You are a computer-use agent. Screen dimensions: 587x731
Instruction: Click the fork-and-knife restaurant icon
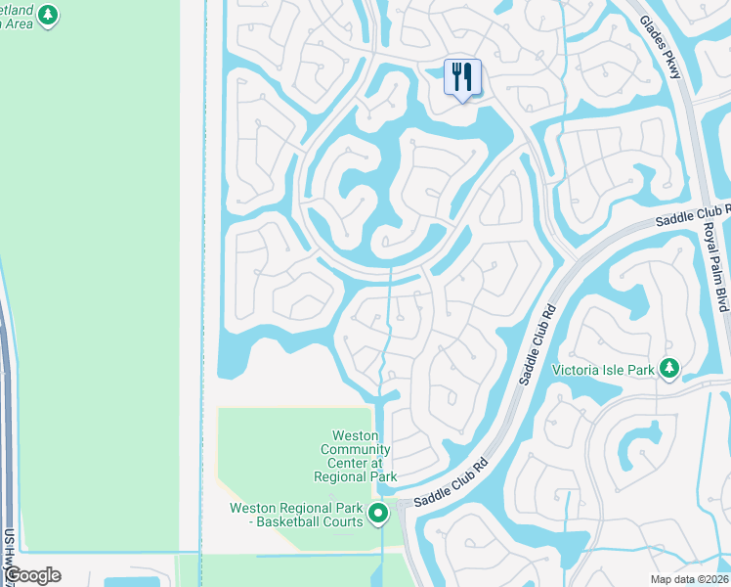462,76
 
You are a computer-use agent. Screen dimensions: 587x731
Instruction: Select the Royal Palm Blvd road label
717,266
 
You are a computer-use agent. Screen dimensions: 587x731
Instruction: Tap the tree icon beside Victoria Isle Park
669,369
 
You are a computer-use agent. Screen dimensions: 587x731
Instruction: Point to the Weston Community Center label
356,456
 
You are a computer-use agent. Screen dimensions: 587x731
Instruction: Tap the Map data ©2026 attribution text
688,579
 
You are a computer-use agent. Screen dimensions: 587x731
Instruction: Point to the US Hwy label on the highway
9,554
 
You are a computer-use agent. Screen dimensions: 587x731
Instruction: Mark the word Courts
342,521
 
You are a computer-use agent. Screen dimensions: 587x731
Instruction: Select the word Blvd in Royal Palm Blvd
721,296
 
